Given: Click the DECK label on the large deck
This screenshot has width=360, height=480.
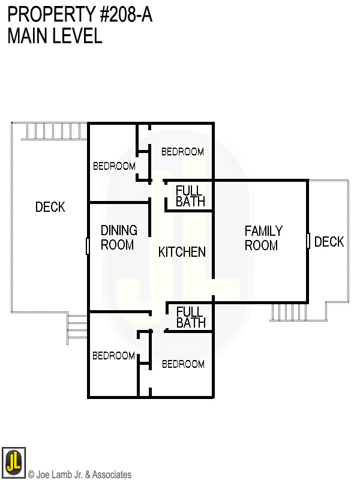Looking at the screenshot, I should coord(50,207).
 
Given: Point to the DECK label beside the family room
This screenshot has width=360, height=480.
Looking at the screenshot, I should coord(329,242).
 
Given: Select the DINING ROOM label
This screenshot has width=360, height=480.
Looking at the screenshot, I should coord(118,238).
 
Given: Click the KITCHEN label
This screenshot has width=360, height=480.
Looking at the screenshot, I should coord(182,252).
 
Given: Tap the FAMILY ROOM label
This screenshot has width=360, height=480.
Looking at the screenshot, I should coord(263,238).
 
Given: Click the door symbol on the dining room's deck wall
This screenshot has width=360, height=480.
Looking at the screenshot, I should coord(88,246).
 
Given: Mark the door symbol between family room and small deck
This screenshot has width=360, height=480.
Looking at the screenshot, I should coord(308,241).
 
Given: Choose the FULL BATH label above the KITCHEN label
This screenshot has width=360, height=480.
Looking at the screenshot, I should coord(190,196).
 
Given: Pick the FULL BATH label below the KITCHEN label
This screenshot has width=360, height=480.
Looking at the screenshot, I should coord(191,317).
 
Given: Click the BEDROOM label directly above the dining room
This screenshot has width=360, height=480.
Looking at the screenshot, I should coord(114,166).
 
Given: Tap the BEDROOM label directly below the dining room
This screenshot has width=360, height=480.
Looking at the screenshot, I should coord(113,356).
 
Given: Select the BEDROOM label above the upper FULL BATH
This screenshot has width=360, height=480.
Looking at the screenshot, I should coord(182,152).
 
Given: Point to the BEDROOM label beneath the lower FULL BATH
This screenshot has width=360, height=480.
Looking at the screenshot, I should coord(182,364).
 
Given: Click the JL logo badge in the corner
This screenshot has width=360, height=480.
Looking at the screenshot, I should coord(13,462).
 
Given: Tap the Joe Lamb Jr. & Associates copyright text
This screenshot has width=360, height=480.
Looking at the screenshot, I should coord(79,475).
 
